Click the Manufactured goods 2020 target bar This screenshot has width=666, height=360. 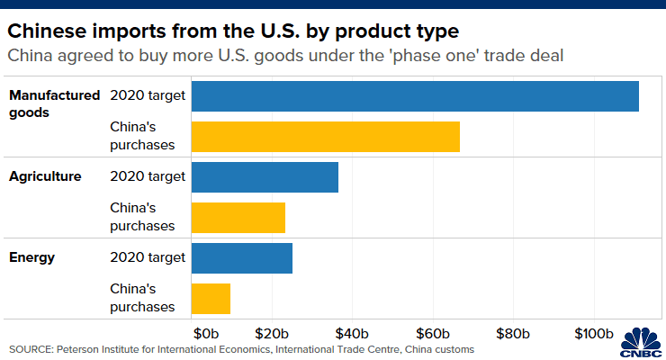click(x=415, y=96)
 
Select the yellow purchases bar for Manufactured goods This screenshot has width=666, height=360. click(x=326, y=137)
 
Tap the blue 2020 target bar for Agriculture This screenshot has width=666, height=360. click(x=265, y=177)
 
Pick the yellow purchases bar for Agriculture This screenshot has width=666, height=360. click(x=238, y=218)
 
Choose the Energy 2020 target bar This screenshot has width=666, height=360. click(x=242, y=258)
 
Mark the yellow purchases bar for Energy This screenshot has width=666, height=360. click(x=211, y=299)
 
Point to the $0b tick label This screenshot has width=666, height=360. click(x=205, y=333)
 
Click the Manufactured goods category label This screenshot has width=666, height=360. click(x=53, y=103)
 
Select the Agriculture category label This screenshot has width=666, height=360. click(x=45, y=176)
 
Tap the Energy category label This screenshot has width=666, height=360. click(x=32, y=257)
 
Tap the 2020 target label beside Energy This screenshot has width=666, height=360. click(x=148, y=257)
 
